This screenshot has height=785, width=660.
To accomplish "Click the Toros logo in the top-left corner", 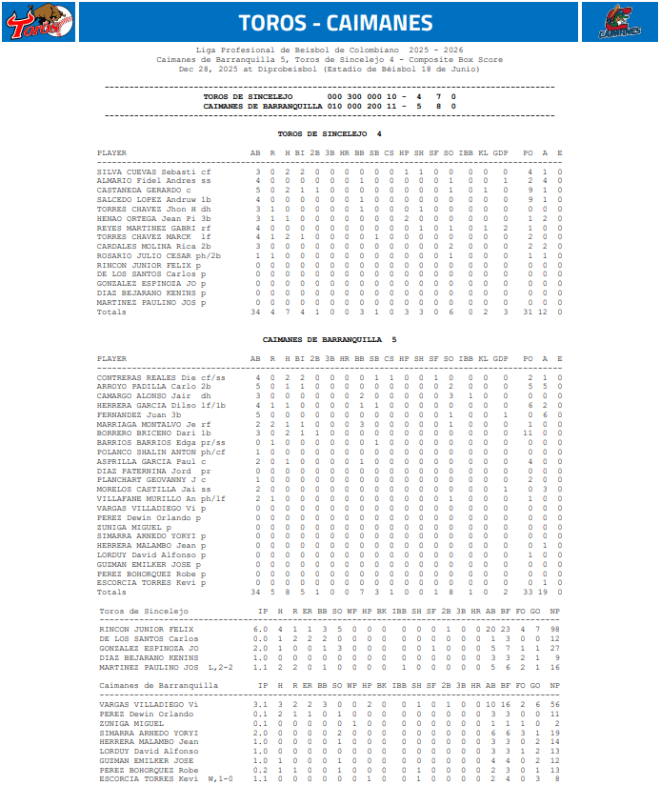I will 39,22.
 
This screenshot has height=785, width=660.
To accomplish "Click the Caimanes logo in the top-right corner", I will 620,22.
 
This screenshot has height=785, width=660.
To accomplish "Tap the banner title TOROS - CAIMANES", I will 335,23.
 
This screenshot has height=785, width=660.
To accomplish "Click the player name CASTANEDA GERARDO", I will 141,189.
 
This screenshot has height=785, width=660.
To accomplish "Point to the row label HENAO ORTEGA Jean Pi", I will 148,219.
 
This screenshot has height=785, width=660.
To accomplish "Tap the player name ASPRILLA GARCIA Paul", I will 148,461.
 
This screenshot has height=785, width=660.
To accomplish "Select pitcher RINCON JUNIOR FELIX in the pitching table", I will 145,629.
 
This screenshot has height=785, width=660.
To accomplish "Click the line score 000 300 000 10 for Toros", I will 367,96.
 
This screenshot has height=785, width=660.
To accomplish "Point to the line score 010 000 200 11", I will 367,106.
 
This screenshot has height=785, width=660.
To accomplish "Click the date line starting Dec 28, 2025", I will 330,69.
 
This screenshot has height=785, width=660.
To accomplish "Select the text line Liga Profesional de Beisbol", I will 330,49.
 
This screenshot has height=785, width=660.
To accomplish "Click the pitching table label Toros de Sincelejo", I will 144,610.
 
